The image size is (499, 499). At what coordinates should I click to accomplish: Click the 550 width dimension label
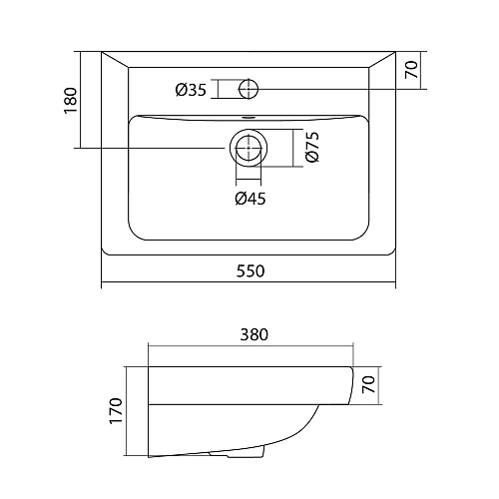pos(250,271)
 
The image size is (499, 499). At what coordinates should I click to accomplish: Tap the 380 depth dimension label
pos(253,334)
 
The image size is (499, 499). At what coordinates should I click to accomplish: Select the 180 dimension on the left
pos(71,101)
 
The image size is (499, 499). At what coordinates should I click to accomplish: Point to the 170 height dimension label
pos(116,410)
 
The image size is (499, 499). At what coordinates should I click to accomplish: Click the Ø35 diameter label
pos(191,90)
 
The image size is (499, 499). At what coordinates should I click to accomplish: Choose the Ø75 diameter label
pos(312,147)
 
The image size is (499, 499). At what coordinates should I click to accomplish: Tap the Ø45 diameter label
pos(250,199)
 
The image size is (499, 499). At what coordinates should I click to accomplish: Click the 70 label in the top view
pos(411,70)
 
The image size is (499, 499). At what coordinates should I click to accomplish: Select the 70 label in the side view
pos(368,384)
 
